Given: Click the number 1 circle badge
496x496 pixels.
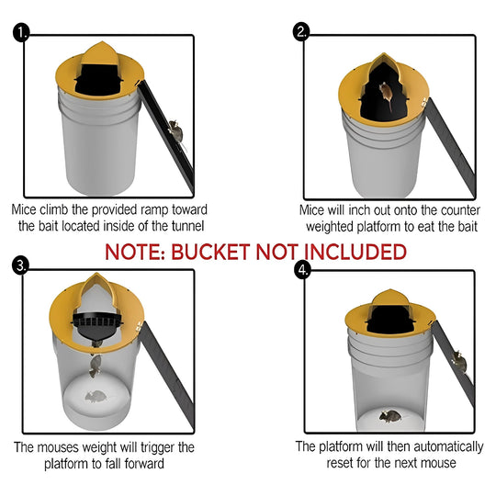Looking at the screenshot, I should pyautogui.click(x=21, y=34).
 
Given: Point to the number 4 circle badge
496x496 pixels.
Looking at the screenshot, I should pyautogui.click(x=301, y=271).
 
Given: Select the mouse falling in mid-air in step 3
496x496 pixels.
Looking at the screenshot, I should pyautogui.click(x=96, y=366).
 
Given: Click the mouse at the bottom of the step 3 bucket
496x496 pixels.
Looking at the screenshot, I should pyautogui.click(x=94, y=398).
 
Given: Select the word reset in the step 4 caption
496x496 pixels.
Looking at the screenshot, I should pyautogui.click(x=345, y=463).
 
